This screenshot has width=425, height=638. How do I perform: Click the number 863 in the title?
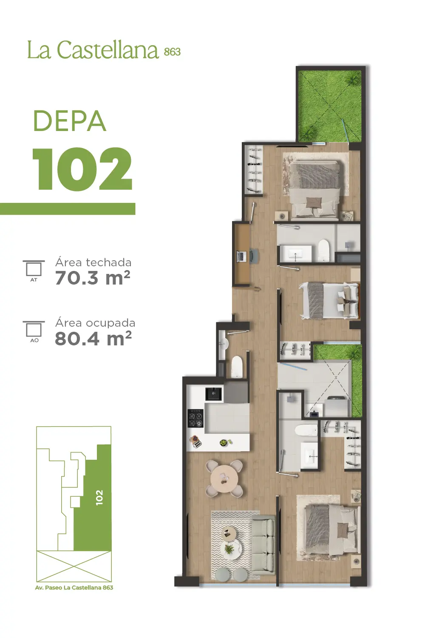coord(172,51)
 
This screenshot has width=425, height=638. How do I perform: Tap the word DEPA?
coord(70,121)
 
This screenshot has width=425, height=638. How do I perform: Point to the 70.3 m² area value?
coord(93,277)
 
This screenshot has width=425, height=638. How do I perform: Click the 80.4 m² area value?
coord(93,338)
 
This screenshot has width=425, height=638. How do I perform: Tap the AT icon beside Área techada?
coord(34,271)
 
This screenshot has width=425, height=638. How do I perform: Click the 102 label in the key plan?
coord(99,498)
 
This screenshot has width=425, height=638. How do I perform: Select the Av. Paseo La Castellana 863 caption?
coord(74,587)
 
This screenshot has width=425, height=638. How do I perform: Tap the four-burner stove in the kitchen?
coord(195,419)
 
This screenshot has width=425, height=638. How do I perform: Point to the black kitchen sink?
coord(213,394)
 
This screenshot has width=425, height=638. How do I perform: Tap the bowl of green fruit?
coord(224,443)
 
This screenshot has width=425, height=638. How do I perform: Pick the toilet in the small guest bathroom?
coord(237,367)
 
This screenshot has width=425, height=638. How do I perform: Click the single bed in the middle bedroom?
coord(330,300)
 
